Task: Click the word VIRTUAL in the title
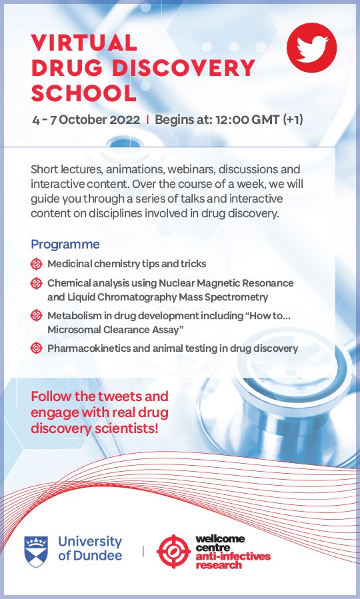click(x=85, y=43)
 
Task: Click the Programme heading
click(x=65, y=244)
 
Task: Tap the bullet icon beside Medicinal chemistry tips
click(x=37, y=264)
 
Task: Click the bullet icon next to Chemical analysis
click(x=37, y=283)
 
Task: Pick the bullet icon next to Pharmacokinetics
click(x=37, y=348)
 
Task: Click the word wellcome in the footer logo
click(x=221, y=538)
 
